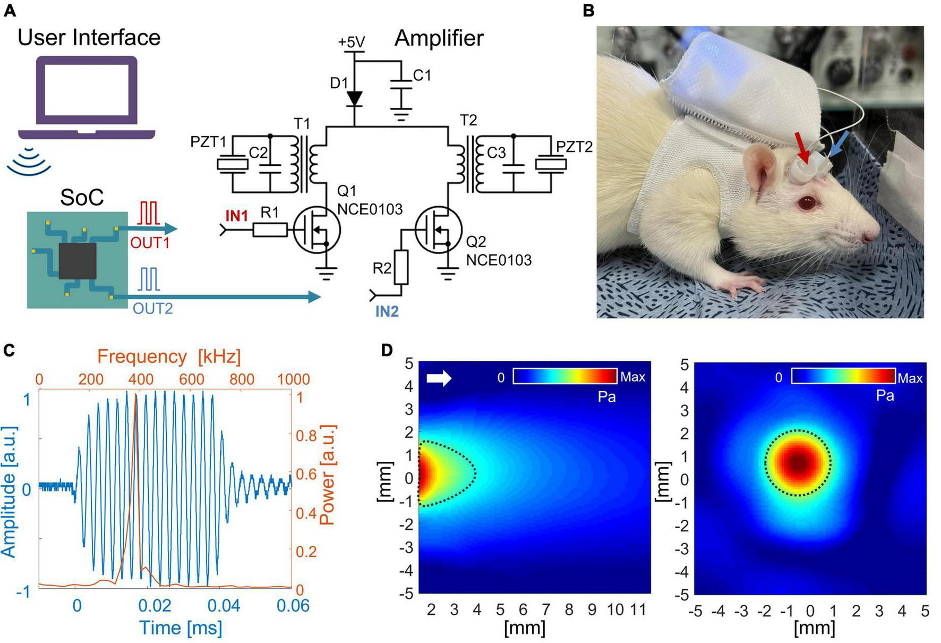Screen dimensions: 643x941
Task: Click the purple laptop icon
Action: click(87, 98)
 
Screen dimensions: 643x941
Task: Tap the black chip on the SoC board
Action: click(78, 261)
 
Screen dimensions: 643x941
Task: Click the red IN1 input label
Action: click(236, 215)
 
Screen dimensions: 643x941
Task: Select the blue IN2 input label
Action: click(387, 311)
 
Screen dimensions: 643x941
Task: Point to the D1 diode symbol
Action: click(354, 98)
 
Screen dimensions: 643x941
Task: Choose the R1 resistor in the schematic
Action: click(270, 230)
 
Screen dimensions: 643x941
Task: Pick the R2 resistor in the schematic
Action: click(401, 267)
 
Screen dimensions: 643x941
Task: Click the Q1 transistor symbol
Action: click(317, 230)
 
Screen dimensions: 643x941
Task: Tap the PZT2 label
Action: click(574, 147)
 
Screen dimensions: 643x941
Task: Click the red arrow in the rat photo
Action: click(801, 147)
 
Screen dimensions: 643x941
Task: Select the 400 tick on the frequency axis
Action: click(141, 379)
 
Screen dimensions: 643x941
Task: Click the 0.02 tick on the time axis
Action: click(155, 605)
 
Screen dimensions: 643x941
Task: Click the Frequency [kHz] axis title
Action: click(169, 356)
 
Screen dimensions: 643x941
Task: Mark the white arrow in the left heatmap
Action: click(439, 378)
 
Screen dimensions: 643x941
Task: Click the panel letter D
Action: click(387, 350)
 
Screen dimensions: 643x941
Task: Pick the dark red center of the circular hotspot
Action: click(800, 463)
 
